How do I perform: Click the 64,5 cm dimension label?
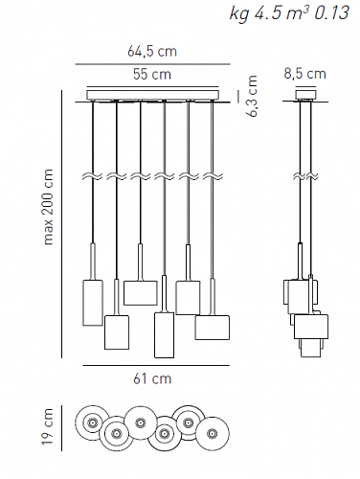point(152,52)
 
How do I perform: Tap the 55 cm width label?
point(152,75)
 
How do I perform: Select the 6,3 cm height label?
point(252,96)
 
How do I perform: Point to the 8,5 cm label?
point(305,74)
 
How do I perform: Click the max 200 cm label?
point(49,207)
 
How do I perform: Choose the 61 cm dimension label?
point(152,378)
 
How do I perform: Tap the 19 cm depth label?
point(48,426)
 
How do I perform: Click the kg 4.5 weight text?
point(253,13)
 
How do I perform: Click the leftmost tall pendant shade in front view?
point(93,303)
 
